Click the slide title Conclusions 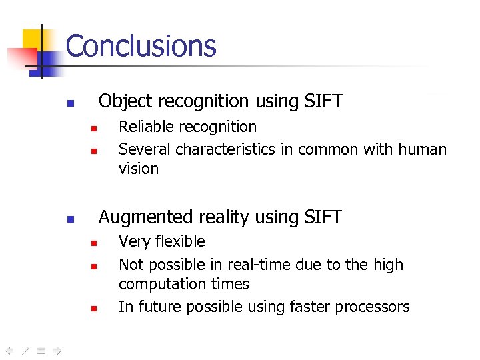141,46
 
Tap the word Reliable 143,127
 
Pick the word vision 139,169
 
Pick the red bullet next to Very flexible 95,243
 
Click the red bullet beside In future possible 95,309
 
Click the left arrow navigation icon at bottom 9,349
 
